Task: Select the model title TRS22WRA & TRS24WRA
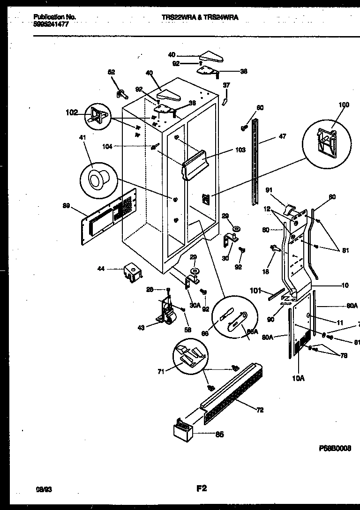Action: point(200,17)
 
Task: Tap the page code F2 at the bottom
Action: point(201,488)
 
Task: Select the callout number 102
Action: point(72,112)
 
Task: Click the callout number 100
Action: point(344,105)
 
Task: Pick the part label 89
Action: point(66,205)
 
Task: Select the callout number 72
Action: point(260,410)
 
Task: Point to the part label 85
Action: point(219,435)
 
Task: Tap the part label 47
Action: point(282,136)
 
